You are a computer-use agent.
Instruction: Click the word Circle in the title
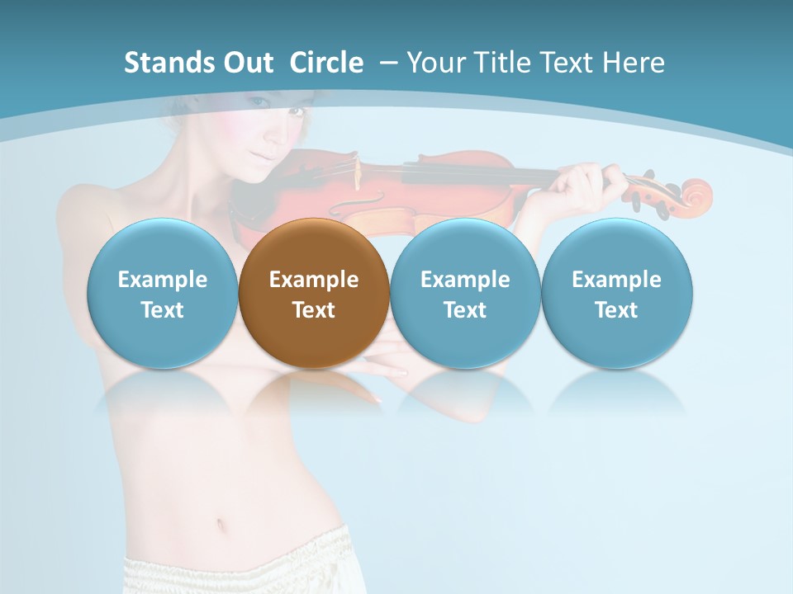tap(326, 63)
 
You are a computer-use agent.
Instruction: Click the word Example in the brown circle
tap(314, 280)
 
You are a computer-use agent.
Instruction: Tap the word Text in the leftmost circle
tap(162, 310)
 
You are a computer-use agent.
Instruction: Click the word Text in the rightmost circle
tap(616, 310)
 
